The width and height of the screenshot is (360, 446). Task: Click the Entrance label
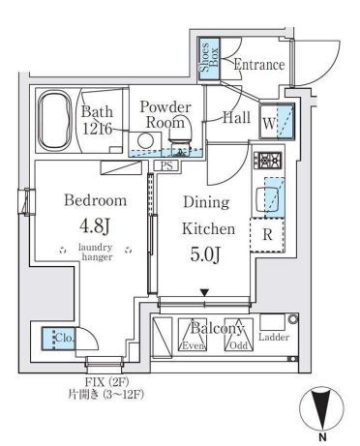[259, 65]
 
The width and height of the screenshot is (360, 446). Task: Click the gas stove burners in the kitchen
[268, 162]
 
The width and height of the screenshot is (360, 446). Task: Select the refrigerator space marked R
[267, 235]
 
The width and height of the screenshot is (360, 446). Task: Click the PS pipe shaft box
[166, 165]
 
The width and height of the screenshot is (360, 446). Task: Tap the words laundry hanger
[96, 253]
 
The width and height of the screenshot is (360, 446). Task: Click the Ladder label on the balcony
[275, 338]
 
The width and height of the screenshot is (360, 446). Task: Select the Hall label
[237, 118]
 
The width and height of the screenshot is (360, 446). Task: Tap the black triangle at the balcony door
[205, 292]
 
